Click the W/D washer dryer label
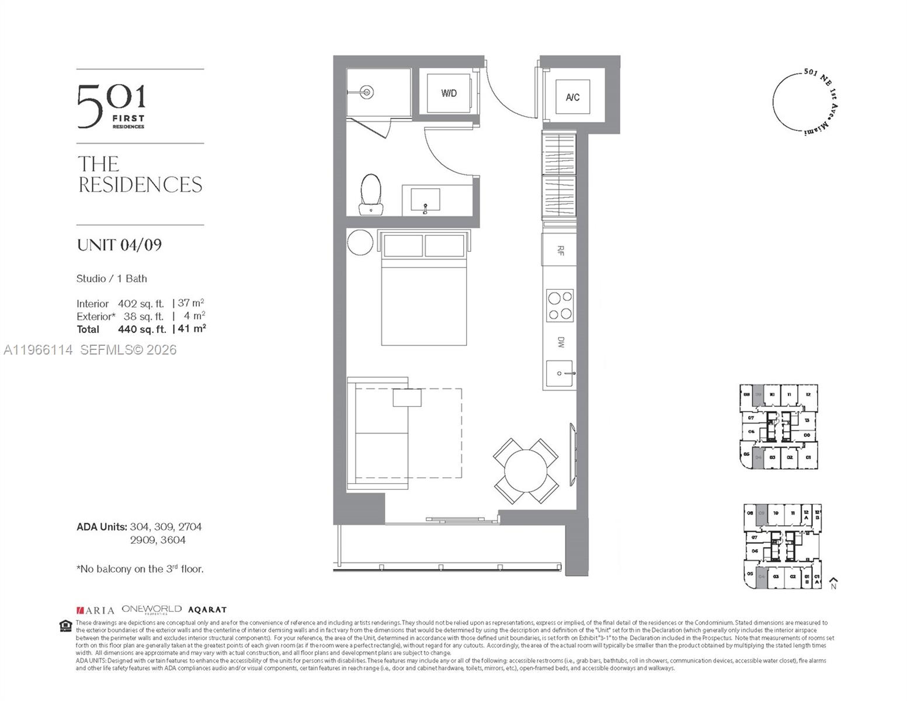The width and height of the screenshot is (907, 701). pos(449,93)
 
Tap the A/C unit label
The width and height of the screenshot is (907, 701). pos(572,97)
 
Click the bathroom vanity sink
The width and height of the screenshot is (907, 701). pos(425,200)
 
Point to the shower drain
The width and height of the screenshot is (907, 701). pos(367,92)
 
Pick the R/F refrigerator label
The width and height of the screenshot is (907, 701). pos(560,251)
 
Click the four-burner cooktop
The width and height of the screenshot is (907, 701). pos(560,306)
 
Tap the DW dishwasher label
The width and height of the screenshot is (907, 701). pos(560,342)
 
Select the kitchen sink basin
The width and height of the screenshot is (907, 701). pos(560,373)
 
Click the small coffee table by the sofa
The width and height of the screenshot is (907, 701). pos(407,398)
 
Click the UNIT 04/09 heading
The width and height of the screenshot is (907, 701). pos(119,245)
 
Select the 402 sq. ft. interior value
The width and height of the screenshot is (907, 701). pos(141,304)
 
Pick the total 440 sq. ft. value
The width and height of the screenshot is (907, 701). pos(142,329)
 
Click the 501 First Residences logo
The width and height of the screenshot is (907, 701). pos(112,106)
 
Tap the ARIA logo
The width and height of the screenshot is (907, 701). pos(95,610)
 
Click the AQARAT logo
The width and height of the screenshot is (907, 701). pos(207,610)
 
